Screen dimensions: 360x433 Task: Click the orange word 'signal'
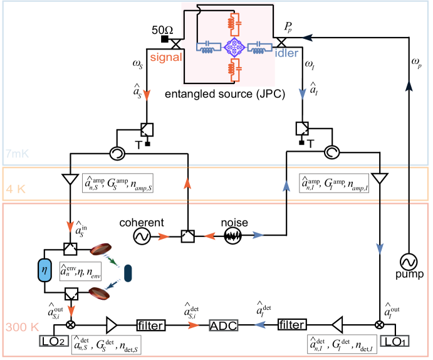165,57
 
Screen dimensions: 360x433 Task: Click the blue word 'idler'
286,53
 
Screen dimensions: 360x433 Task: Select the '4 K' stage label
16,189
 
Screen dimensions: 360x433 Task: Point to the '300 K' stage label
23,327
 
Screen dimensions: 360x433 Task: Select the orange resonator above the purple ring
233,23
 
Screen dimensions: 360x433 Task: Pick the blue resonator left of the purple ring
209,46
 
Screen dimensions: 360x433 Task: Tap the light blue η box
44,270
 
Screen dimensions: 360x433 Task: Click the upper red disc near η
100,250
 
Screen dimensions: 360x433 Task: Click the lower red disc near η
100,292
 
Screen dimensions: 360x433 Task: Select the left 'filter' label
150,326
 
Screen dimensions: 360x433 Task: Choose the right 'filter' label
292,325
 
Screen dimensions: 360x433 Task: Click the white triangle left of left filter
112,325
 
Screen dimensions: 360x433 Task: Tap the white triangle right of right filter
337,325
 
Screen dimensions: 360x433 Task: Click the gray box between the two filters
224,326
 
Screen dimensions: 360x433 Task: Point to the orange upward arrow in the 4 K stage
187,184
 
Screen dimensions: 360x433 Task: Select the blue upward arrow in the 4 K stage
286,186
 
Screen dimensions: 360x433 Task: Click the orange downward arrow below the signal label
147,95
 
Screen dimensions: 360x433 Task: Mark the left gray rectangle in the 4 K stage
118,183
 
